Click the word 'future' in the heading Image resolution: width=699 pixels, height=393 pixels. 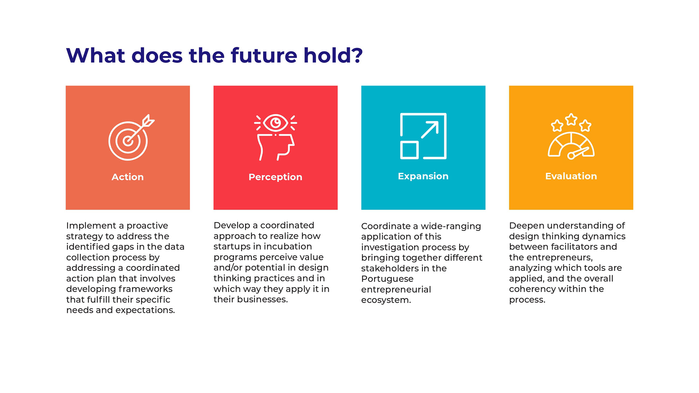click(264, 55)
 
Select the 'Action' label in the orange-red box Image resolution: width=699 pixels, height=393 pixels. click(127, 177)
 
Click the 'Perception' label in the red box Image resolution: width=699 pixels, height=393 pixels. click(275, 177)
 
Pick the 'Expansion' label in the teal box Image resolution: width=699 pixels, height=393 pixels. click(423, 176)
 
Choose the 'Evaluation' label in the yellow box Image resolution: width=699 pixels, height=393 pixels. click(571, 176)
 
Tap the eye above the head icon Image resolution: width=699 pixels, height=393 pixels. click(276, 123)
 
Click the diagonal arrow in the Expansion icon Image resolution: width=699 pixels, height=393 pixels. click(430, 130)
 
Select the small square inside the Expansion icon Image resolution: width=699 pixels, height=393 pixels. click(409, 150)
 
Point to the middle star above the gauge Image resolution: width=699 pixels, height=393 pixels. click(571, 119)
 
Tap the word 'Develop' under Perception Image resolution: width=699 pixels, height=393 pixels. click(232, 226)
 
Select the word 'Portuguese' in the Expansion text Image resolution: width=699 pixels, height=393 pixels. click(387, 279)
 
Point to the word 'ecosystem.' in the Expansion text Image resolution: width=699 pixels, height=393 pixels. click(386, 300)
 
